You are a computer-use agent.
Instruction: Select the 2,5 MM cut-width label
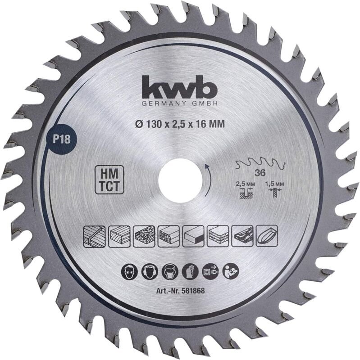(243, 184)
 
